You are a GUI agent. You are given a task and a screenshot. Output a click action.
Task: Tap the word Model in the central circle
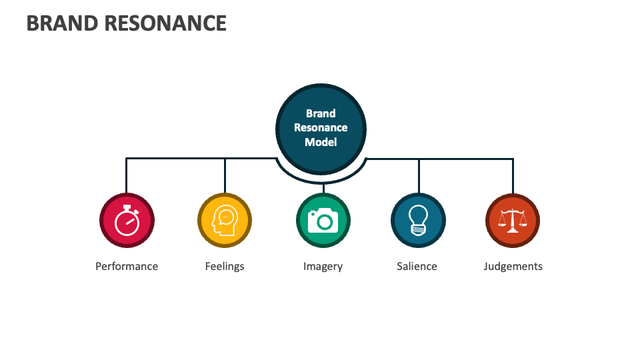click(x=321, y=142)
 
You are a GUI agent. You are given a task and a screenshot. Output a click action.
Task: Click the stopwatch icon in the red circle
click(x=127, y=221)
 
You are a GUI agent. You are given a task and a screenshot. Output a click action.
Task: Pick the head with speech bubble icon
click(x=225, y=221)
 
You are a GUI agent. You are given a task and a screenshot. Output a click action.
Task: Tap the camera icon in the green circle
click(x=323, y=221)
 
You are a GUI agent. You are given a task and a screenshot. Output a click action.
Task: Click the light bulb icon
click(x=418, y=221)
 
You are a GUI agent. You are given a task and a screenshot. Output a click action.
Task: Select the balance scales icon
click(x=513, y=221)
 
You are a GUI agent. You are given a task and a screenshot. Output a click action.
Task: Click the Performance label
click(x=127, y=266)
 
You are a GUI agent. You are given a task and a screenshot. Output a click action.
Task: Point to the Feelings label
click(x=225, y=266)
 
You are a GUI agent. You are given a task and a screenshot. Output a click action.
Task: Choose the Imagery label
click(x=323, y=266)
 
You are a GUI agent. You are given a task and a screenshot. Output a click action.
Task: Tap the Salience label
click(x=417, y=266)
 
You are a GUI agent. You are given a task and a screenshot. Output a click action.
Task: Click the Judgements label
click(x=513, y=266)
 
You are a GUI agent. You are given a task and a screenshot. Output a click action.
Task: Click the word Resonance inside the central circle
click(x=321, y=127)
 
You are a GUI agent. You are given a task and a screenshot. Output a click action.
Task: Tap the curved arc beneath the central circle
click(x=321, y=180)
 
